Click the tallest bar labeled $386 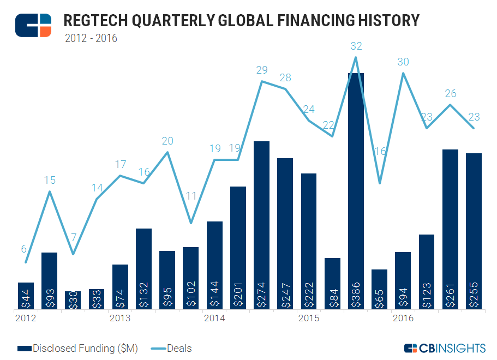point(356,191)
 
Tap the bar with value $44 point(26,296)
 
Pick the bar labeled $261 point(450,229)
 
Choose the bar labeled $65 point(379,290)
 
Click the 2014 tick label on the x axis point(214,318)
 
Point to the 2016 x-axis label point(403,318)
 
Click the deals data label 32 point(356,46)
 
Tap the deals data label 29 point(262,70)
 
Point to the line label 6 point(23,249)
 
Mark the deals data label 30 point(403,62)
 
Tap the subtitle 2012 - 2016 point(91,38)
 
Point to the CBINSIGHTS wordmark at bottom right point(445,348)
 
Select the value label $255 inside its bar point(474,295)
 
